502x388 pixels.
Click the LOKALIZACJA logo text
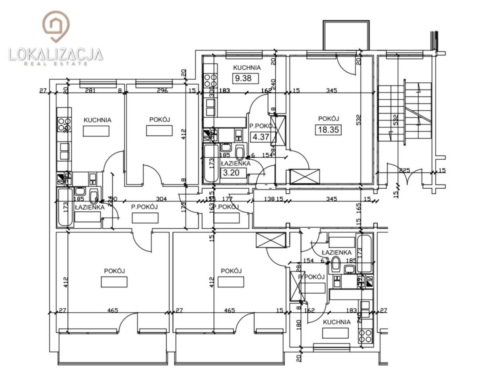(x=56, y=54)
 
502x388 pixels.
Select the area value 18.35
(x=328, y=130)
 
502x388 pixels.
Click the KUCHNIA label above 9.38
(x=247, y=67)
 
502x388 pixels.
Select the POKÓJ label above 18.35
(x=328, y=118)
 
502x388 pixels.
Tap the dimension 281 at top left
(x=91, y=91)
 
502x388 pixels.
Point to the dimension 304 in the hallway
(x=162, y=199)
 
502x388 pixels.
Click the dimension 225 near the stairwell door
(x=404, y=170)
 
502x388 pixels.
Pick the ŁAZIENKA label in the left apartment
(x=90, y=207)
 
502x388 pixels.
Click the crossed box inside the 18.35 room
(x=305, y=177)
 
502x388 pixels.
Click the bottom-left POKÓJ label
(x=114, y=271)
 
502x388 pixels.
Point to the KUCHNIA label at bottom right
(x=336, y=322)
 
